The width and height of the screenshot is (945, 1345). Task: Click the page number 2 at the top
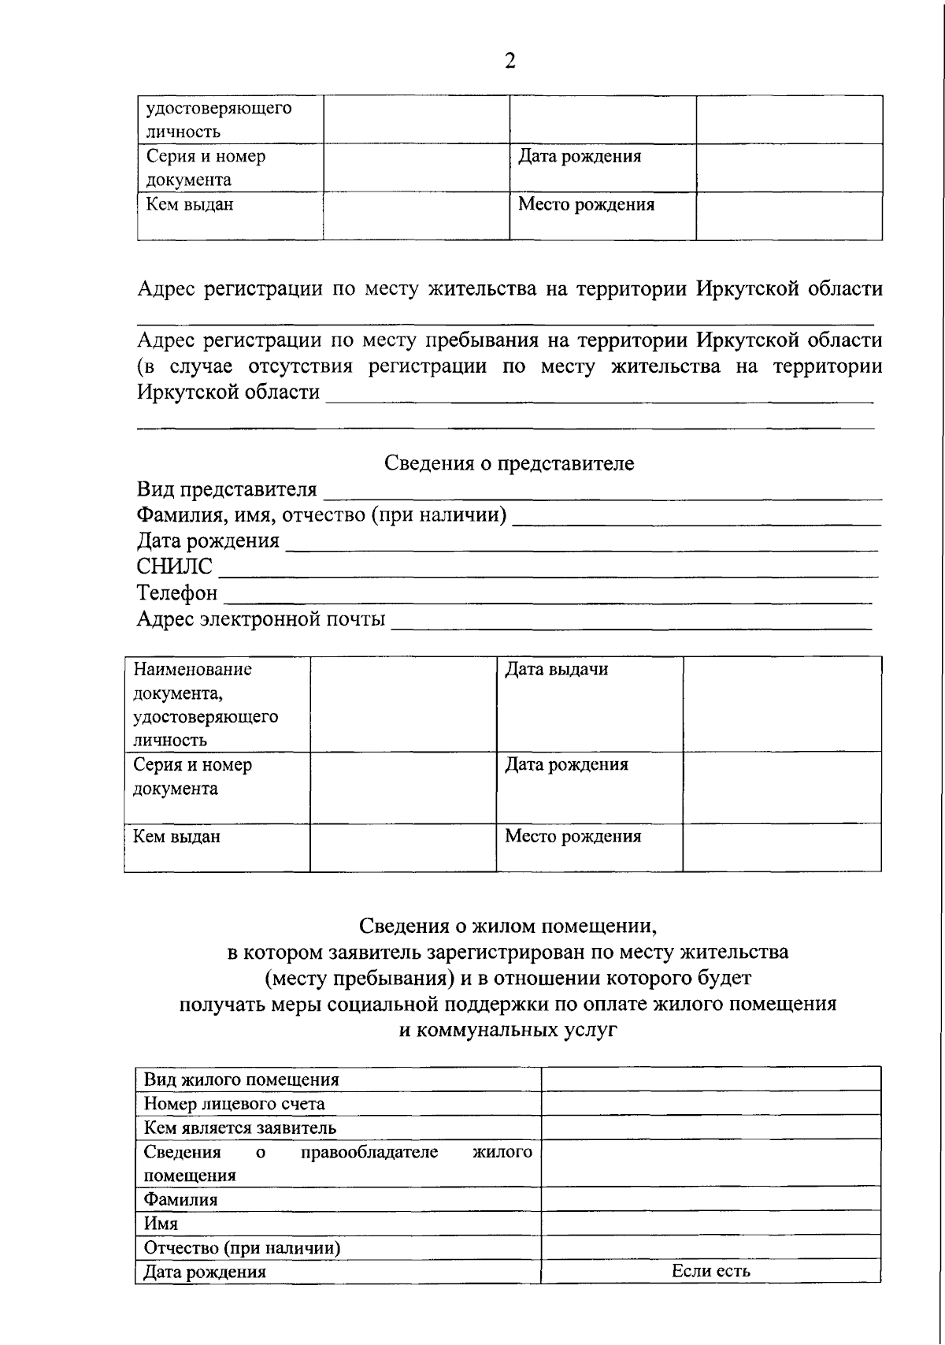[510, 61]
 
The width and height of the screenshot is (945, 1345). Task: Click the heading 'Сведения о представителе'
[509, 463]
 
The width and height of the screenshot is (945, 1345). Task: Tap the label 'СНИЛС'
[174, 567]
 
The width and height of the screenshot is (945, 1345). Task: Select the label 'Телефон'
[177, 593]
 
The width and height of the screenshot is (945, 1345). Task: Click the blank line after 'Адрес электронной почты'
[632, 622]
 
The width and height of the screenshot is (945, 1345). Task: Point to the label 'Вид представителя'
[227, 489]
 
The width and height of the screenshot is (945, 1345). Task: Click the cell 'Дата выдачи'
[556, 670]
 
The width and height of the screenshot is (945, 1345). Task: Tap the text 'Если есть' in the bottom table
[710, 1270]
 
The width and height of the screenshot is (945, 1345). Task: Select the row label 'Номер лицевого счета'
[234, 1104]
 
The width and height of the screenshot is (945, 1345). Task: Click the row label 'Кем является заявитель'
[239, 1128]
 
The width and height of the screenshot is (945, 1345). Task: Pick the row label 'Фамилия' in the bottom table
[180, 1199]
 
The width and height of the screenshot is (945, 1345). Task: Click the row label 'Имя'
[161, 1224]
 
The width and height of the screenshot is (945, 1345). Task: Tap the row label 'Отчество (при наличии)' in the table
[241, 1248]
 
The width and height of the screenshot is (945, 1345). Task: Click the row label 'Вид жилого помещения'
[241, 1079]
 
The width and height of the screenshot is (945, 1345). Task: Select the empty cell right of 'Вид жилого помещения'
[710, 1079]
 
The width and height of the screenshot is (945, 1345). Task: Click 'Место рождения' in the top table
[586, 205]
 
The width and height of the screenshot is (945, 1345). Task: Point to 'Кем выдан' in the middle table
[176, 837]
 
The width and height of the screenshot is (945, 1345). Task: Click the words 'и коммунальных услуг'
[508, 1030]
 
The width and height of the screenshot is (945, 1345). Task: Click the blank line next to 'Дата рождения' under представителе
[581, 544]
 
